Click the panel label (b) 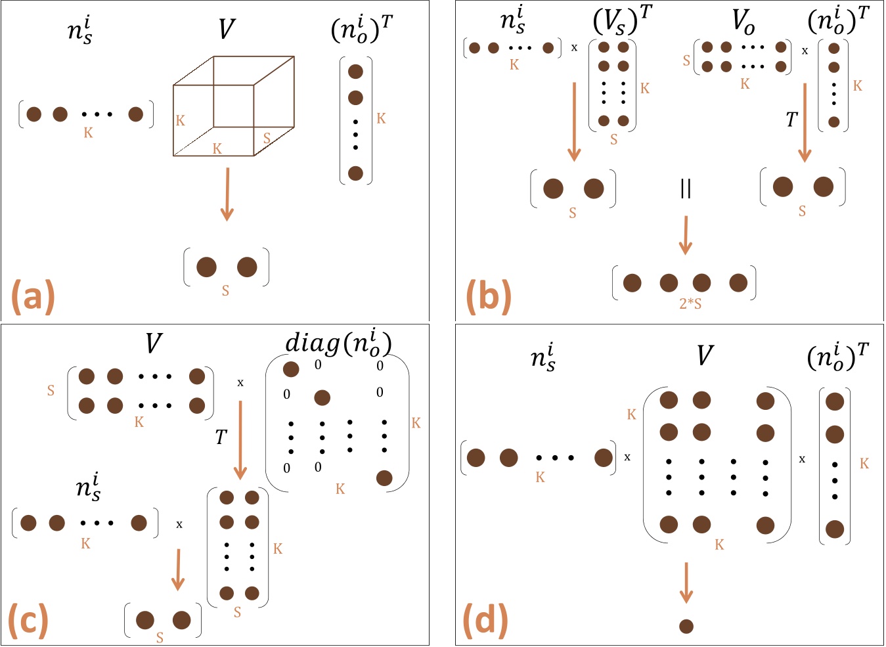pos(488,296)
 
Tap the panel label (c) pos(28,620)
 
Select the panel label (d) pos(485,620)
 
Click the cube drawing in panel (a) pos(233,106)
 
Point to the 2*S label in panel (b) pos(690,304)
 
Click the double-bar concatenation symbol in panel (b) pos(686,189)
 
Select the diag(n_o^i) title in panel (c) pos(338,343)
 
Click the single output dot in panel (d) pos(686,627)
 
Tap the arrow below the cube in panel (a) pos(227,194)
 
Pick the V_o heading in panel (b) pos(743,22)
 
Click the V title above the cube pos(227,29)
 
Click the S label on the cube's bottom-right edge pos(267,139)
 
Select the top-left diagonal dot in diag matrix pos(291,369)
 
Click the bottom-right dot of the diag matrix pos(384,478)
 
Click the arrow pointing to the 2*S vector pos(686,235)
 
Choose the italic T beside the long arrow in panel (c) pos(221,437)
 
